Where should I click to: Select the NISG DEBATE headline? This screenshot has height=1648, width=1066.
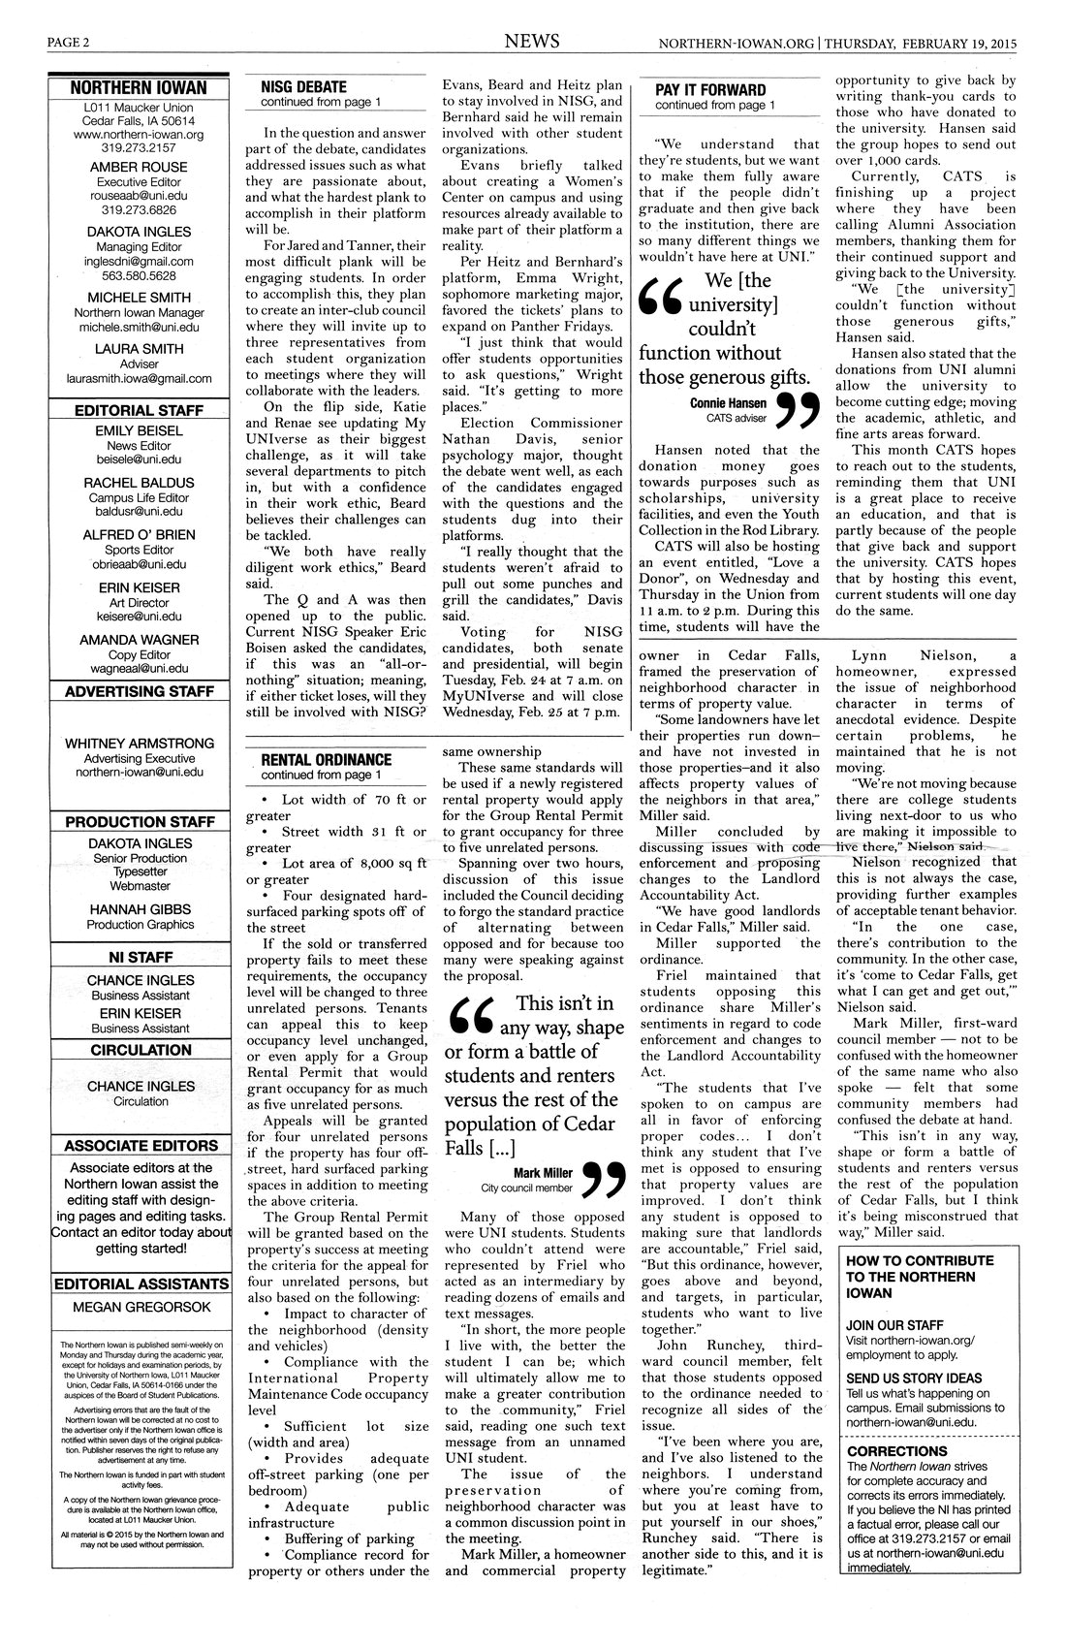coord(303,86)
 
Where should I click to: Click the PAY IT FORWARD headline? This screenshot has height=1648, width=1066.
coord(709,89)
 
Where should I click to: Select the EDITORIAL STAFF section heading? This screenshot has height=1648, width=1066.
coord(139,410)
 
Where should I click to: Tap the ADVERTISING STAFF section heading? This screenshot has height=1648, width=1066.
coord(139,691)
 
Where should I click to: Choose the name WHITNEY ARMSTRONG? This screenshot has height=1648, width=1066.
coord(141,743)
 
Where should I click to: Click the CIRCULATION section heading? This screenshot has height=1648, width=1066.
coord(141,1050)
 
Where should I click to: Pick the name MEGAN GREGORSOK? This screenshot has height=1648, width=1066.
coord(141,1307)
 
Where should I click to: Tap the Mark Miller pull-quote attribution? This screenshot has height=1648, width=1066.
coord(545,1171)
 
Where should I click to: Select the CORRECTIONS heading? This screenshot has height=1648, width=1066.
coord(896,1450)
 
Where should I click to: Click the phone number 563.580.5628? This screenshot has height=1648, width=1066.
coord(139,275)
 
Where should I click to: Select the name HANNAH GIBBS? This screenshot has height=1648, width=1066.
coord(141,909)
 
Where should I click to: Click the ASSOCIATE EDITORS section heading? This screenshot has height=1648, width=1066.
coord(141,1146)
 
